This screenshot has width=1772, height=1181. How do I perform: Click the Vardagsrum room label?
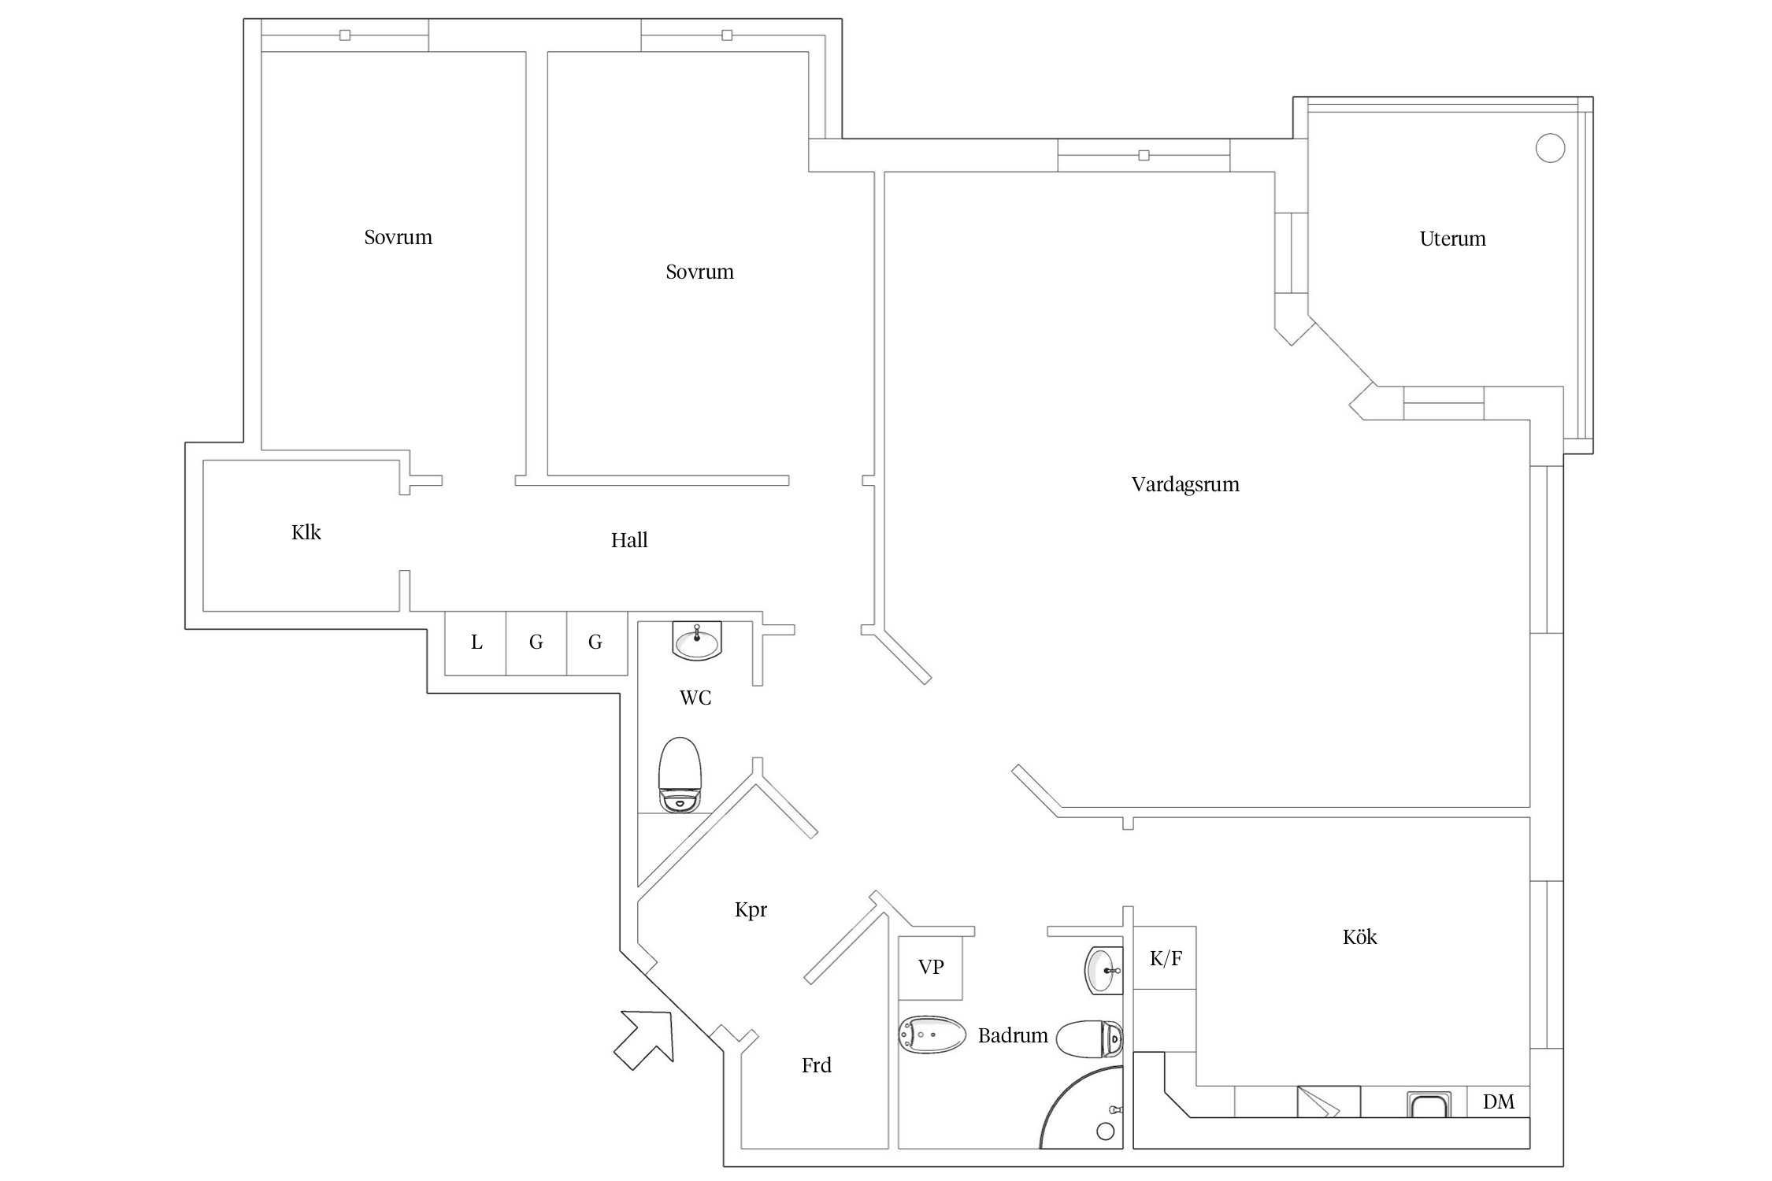(x=1184, y=484)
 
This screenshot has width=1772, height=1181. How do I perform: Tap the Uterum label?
(x=1452, y=239)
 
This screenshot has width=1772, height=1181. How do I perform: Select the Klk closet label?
(x=306, y=533)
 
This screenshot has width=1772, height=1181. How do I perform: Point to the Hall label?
(x=629, y=540)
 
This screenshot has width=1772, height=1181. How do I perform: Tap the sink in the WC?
(x=697, y=641)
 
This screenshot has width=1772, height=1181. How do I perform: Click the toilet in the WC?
(x=680, y=775)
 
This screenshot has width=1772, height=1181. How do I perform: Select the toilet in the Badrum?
(x=1089, y=1039)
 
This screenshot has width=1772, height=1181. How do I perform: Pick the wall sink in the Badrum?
(x=1103, y=972)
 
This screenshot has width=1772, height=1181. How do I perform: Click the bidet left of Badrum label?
(x=932, y=1034)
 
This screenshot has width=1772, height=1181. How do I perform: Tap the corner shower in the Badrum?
(x=1087, y=1110)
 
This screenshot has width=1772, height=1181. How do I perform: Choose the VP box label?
(x=931, y=967)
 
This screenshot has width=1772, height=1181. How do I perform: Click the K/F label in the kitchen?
(x=1165, y=958)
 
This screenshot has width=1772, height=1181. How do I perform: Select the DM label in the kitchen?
(x=1498, y=1101)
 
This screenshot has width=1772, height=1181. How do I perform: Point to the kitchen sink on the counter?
(x=1429, y=1105)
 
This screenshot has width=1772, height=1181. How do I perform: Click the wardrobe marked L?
(x=476, y=642)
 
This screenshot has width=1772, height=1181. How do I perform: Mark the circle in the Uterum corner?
(x=1550, y=148)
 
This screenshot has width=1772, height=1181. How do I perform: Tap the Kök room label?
(x=1359, y=937)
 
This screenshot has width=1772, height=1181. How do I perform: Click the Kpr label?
(x=751, y=910)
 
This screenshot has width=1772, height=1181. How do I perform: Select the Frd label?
(x=816, y=1066)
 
